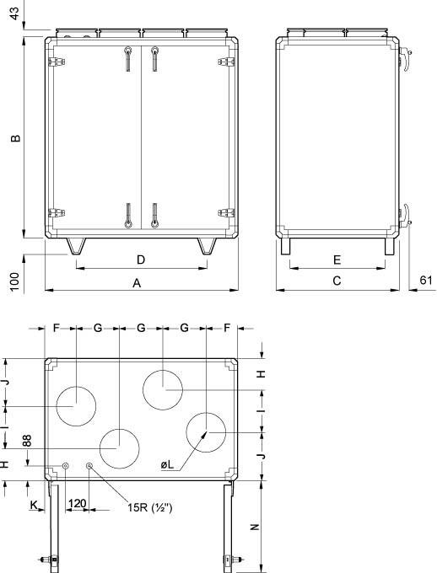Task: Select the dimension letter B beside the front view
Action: tap(15, 138)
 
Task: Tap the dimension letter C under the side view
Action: tap(336, 282)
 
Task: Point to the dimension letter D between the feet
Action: tap(141, 259)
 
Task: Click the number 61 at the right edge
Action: tap(425, 281)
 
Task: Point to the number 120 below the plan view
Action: tap(77, 503)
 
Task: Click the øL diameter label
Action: tap(167, 464)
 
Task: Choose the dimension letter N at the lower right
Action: tap(255, 527)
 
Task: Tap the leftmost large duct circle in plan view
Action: tap(77, 404)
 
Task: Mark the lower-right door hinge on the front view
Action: tap(225, 213)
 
